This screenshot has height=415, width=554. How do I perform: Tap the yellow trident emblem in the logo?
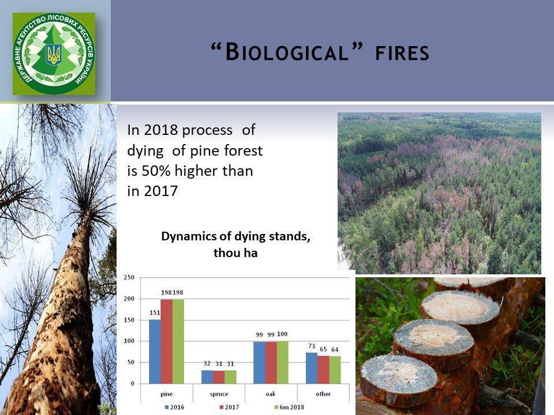coord(54,54)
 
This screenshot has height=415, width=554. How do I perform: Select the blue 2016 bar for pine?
coord(155,352)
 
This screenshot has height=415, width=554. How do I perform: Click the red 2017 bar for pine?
coord(166,341)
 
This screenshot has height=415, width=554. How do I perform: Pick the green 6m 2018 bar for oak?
coord(282,363)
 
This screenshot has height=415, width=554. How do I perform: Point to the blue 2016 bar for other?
coord(312,368)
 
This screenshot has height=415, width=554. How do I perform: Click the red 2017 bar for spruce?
coord(219,377)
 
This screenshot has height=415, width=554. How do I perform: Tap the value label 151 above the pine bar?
coord(155,312)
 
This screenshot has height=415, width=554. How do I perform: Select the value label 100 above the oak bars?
coord(282,334)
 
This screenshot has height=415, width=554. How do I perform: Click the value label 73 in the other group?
coord(312,346)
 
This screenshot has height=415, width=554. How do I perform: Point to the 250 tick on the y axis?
coord(129,277)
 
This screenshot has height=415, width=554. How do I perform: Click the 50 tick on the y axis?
coord(131,363)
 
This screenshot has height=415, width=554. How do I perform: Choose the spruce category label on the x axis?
coord(219,394)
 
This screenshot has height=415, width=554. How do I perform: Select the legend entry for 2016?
coord(174,408)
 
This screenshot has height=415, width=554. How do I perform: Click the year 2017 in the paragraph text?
coord(161,191)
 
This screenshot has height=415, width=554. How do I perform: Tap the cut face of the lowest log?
coord(399,375)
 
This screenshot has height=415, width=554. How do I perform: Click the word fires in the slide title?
coord(402,53)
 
